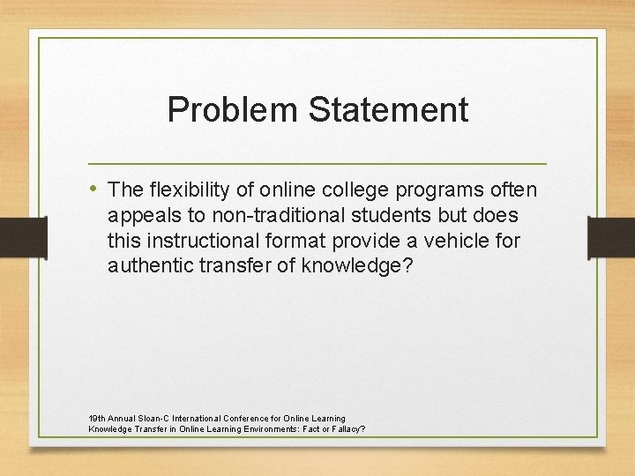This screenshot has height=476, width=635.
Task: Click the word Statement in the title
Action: pyautogui.click(x=388, y=110)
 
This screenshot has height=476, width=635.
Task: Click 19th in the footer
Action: pyautogui.click(x=96, y=418)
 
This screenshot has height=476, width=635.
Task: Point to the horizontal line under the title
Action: pyautogui.click(x=317, y=164)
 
